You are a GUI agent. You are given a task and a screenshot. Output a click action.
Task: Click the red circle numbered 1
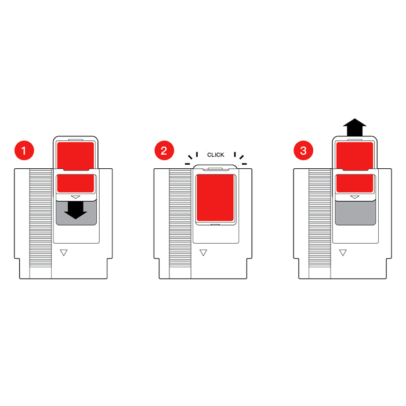[24, 150]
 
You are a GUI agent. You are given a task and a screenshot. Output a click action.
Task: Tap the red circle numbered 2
[164, 150]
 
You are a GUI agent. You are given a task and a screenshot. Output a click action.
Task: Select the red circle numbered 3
[303, 150]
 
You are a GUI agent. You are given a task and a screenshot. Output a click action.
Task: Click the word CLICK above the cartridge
[215, 155]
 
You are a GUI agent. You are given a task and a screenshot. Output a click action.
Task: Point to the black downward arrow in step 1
[75, 210]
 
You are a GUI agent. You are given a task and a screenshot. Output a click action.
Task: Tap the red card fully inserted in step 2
[215, 198]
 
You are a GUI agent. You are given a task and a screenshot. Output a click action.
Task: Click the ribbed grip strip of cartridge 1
[41, 218]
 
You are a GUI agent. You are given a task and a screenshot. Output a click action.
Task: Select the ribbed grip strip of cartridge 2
[180, 218]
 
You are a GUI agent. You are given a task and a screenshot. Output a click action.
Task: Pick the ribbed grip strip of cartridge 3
[320, 218]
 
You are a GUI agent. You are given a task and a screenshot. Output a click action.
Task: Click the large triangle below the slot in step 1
[64, 252]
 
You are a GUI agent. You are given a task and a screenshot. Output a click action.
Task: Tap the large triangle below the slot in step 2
[203, 252]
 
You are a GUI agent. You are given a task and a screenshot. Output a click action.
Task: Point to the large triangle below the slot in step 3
[343, 252]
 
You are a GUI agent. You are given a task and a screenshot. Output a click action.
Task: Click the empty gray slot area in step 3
[355, 213]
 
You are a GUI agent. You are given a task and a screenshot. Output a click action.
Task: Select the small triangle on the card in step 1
[75, 197]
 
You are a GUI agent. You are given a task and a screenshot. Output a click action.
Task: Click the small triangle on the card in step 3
[355, 197]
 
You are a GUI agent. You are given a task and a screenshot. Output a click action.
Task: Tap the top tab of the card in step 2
[215, 169]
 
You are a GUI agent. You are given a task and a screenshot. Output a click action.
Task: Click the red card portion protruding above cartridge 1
[75, 155]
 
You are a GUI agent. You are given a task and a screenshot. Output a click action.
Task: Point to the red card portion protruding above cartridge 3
[355, 155]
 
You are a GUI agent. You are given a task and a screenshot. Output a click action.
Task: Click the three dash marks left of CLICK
[192, 158]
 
